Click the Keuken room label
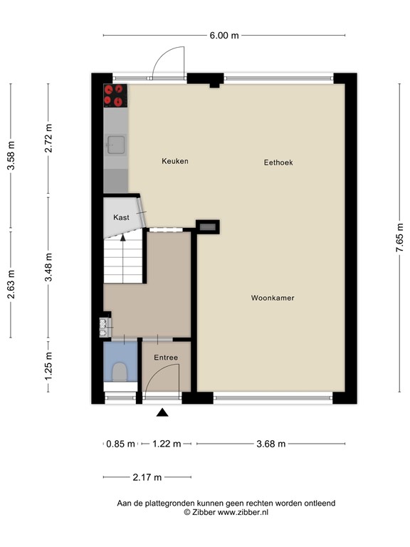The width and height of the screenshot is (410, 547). pyautogui.click(x=174, y=162)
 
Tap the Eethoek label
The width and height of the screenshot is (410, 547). pyautogui.click(x=278, y=162)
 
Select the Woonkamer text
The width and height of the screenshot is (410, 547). pyautogui.click(x=273, y=298)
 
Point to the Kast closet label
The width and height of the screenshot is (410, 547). pyautogui.click(x=121, y=217)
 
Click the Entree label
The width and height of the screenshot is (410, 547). pyautogui.click(x=166, y=358)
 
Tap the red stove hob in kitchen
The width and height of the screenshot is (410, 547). pyautogui.click(x=115, y=95)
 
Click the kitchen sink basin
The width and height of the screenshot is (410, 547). pyautogui.click(x=115, y=145)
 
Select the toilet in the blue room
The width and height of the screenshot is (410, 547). pyautogui.click(x=120, y=372)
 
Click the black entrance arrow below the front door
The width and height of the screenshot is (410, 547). pyautogui.click(x=163, y=412)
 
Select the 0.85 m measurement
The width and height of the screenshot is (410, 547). pyautogui.click(x=120, y=444)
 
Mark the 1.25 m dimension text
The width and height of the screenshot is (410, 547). pyautogui.click(x=48, y=372)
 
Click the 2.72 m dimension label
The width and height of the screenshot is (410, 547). pyautogui.click(x=48, y=139)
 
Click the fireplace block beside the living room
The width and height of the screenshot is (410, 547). pyautogui.click(x=208, y=227)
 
